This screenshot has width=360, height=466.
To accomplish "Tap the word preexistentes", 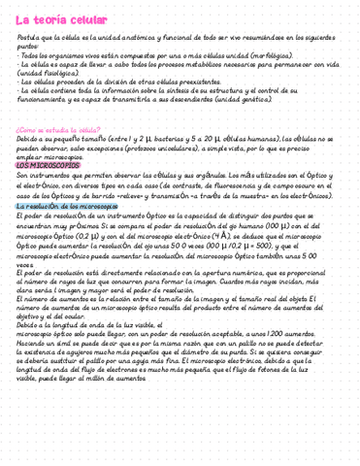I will (195, 82).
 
